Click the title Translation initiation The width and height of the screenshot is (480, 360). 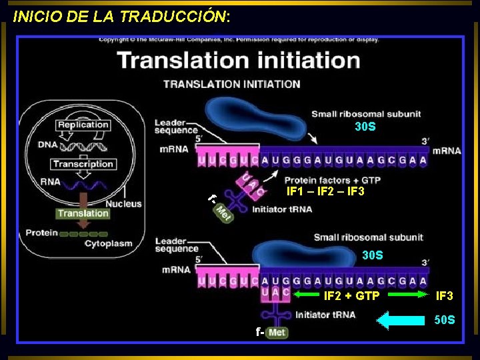(239, 60)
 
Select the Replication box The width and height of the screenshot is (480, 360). (83, 125)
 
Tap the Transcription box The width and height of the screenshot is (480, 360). (83, 164)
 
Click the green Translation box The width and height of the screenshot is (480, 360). (83, 213)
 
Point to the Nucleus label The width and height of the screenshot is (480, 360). (123, 203)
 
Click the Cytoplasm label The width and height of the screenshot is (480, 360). (108, 243)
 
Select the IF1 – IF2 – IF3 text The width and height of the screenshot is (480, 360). (325, 191)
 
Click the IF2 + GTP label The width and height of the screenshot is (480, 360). (351, 296)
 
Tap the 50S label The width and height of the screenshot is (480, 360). (445, 320)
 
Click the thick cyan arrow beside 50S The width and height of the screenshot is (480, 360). (400, 321)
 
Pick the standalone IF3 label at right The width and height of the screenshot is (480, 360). (445, 295)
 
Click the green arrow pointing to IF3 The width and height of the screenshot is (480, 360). (407, 294)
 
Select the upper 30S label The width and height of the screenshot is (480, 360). (365, 127)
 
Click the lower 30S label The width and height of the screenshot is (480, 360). (372, 255)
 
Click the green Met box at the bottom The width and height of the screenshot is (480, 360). (277, 332)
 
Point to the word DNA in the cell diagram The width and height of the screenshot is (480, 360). (47, 144)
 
